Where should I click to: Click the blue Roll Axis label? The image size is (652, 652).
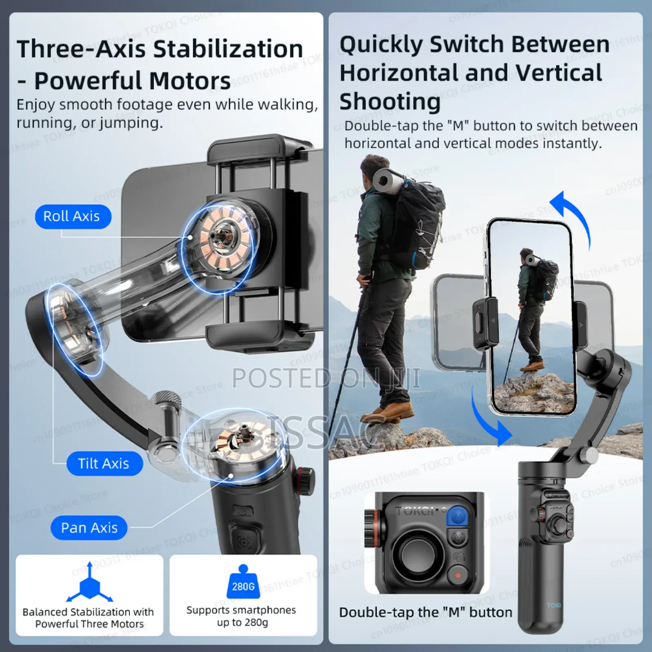(73, 216)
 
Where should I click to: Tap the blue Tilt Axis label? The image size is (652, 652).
(104, 463)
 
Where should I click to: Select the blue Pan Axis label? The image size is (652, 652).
(89, 528)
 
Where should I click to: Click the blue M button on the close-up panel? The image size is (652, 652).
(458, 516)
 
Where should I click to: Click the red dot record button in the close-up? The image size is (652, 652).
(458, 575)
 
